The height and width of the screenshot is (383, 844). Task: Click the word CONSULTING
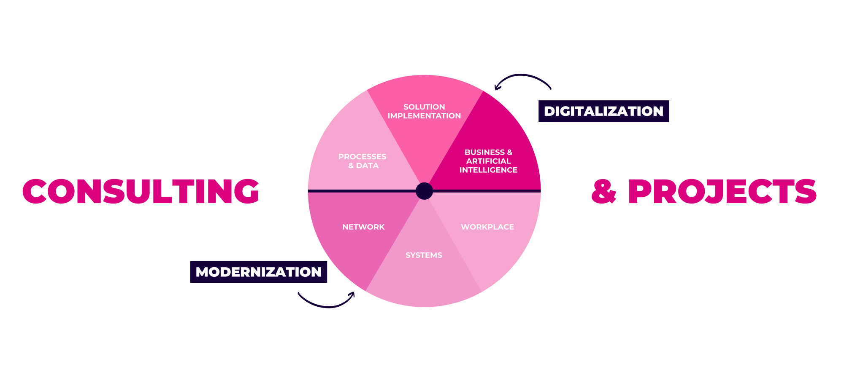pyautogui.click(x=141, y=191)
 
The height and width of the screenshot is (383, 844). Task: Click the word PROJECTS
pyautogui.click(x=722, y=191)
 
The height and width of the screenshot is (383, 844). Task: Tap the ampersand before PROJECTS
pyautogui.click(x=604, y=192)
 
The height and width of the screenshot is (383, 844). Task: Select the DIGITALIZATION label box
pyautogui.click(x=603, y=111)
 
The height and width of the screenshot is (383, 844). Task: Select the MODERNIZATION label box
pyautogui.click(x=258, y=272)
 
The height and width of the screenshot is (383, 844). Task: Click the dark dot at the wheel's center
pyautogui.click(x=424, y=191)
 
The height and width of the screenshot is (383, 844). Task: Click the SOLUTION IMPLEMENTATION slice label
pyautogui.click(x=424, y=111)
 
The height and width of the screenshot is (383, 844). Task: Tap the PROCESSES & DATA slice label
pyautogui.click(x=362, y=161)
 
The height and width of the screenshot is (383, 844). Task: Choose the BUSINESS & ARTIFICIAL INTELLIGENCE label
pyautogui.click(x=488, y=161)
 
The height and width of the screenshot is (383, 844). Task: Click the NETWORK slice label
pyautogui.click(x=363, y=227)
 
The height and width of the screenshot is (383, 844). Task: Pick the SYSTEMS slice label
pyautogui.click(x=424, y=255)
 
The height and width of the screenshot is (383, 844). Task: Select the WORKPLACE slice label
pyautogui.click(x=487, y=227)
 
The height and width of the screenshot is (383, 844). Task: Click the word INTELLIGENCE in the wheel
pyautogui.click(x=488, y=170)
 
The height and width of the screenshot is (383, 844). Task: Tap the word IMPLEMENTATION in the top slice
pyautogui.click(x=424, y=116)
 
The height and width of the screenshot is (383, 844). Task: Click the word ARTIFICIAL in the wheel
pyautogui.click(x=488, y=161)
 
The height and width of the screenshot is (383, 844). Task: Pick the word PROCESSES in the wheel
pyautogui.click(x=362, y=157)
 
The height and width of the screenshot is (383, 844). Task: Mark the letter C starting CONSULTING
pyautogui.click(x=35, y=191)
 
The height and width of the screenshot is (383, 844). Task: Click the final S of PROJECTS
pyautogui.click(x=804, y=191)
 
